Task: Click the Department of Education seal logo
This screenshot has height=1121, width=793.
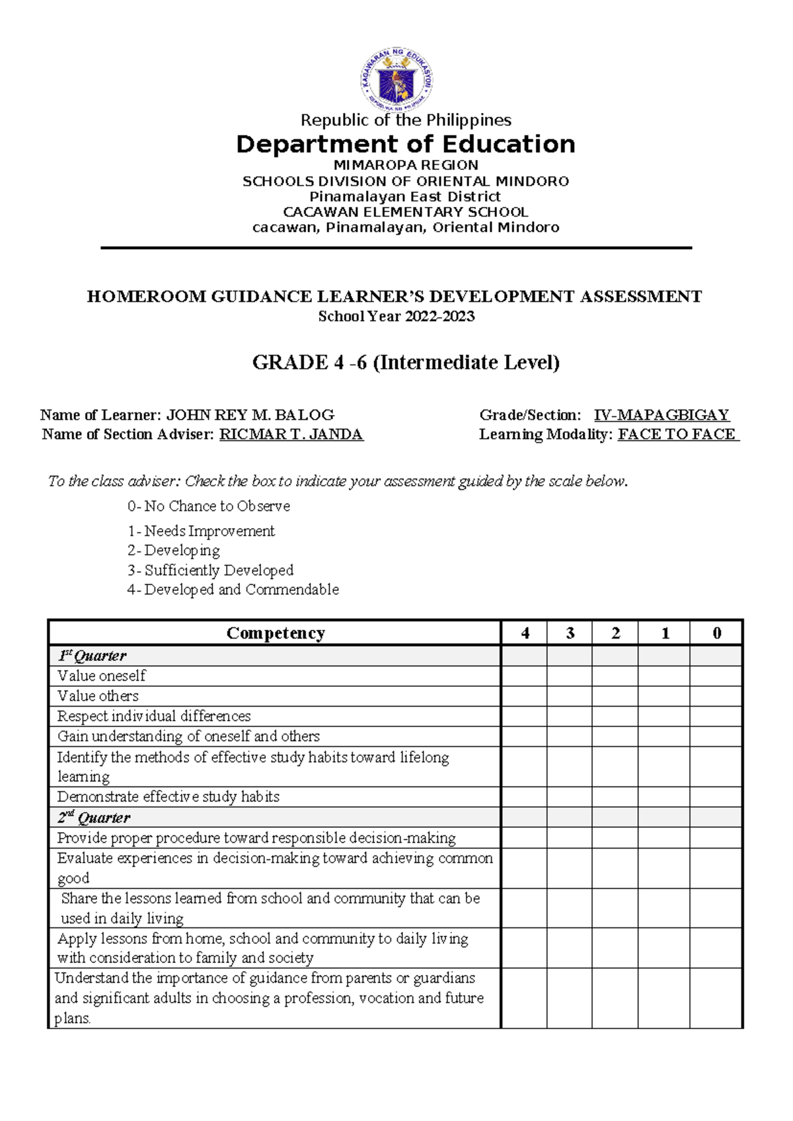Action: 397,80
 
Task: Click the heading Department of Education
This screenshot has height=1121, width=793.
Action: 405,144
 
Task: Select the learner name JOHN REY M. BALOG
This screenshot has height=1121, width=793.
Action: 250,415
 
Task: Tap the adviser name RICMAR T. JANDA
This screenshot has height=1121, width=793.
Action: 291,434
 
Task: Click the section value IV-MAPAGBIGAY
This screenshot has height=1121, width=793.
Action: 661,415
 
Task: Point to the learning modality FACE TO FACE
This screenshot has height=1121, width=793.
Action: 677,434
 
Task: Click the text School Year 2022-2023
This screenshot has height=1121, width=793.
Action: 397,316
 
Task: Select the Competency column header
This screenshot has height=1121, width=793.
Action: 275,633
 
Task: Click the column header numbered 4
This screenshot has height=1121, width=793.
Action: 525,633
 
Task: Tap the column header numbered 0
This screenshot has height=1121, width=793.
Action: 716,633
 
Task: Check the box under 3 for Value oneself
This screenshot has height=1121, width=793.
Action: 570,676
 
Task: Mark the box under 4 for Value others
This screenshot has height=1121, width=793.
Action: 525,696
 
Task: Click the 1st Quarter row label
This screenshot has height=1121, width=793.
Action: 92,656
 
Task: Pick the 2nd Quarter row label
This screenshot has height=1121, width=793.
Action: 94,818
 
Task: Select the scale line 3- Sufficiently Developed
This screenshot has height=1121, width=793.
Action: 210,570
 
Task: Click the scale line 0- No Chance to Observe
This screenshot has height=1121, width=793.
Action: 209,506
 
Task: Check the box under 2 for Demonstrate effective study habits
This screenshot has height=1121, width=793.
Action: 615,796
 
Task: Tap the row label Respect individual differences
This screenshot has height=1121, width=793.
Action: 154,716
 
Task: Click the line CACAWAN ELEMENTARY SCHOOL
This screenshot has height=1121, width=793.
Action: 405,212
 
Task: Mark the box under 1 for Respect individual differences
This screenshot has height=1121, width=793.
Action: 664,716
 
